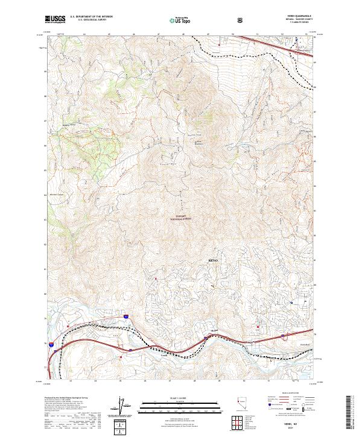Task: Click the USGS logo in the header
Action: coord(56,19)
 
